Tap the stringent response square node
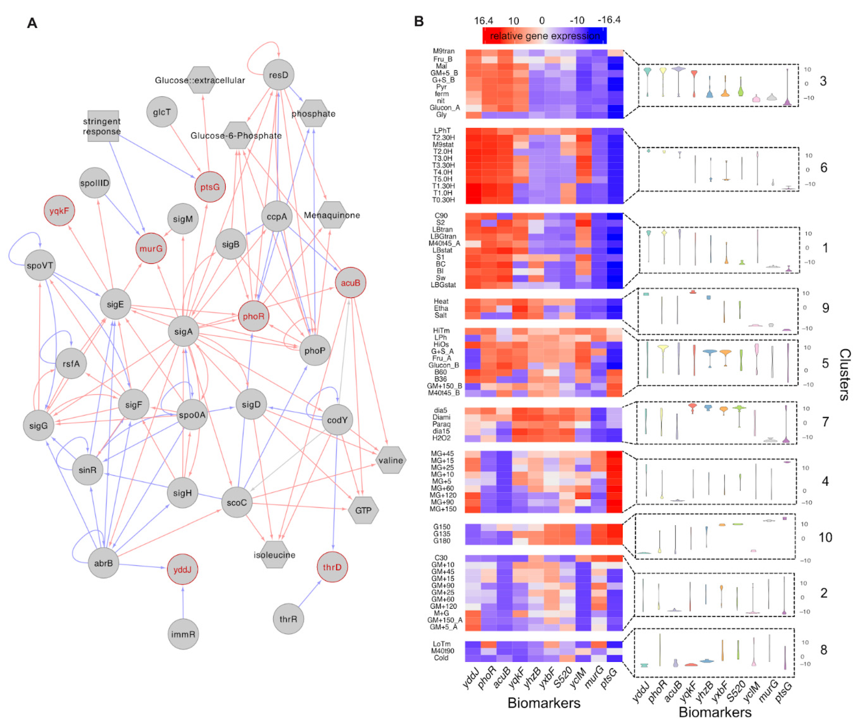[103, 126]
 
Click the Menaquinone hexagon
[332, 215]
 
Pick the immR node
[183, 634]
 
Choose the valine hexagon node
[391, 460]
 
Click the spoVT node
[40, 265]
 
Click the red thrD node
[332, 567]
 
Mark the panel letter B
[419, 21]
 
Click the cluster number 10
[825, 538]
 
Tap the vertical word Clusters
[845, 375]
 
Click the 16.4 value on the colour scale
[483, 20]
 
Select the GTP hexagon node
[363, 510]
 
